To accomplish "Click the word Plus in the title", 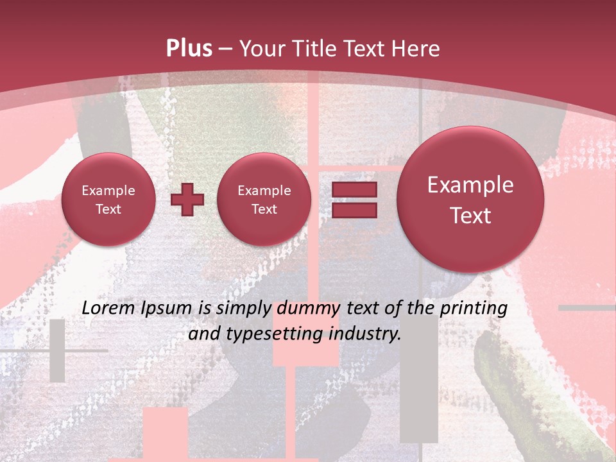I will tap(189, 49).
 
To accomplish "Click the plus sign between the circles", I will tap(187, 200).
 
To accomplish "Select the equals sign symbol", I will tap(354, 200).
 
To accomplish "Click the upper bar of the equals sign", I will tap(354, 189).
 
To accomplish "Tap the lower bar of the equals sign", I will tap(354, 210).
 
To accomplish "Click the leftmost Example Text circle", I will tap(108, 200).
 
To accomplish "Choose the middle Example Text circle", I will tap(264, 200).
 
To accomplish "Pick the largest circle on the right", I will tap(470, 200).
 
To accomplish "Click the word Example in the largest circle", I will tap(470, 185).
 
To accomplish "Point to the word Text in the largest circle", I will tap(470, 216).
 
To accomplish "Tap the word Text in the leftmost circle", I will tap(108, 209).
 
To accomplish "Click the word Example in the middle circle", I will tap(264, 191).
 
